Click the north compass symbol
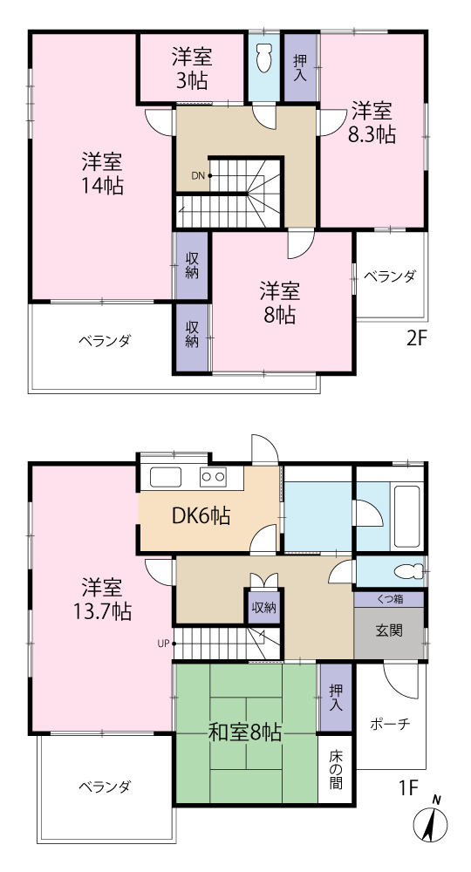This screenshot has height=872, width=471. (x=432, y=821)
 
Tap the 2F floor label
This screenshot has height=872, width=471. (x=417, y=337)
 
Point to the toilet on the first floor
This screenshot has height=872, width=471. (x=407, y=570)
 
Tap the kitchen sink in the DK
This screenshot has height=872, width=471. (x=165, y=477)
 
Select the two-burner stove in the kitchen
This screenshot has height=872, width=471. (x=213, y=477)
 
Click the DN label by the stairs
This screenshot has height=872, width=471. (x=199, y=176)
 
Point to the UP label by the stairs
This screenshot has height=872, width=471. (x=163, y=644)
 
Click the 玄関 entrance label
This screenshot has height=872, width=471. (x=389, y=630)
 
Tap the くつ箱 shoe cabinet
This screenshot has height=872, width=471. (x=390, y=599)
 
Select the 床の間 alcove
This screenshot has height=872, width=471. (x=335, y=770)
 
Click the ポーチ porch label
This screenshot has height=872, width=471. (x=390, y=724)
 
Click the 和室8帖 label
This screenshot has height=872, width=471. (x=245, y=732)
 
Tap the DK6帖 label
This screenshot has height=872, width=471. (x=201, y=516)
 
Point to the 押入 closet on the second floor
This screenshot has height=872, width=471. (x=300, y=68)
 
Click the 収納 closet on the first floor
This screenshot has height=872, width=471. (x=263, y=607)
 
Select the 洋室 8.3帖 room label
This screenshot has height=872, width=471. (x=372, y=123)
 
